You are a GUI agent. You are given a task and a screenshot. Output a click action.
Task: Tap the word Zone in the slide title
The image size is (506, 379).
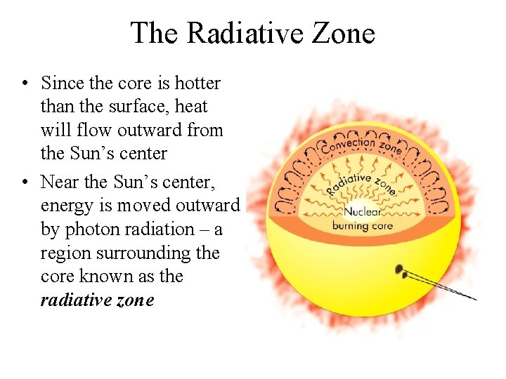coord(342,33)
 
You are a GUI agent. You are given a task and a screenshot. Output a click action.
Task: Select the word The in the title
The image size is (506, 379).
coord(154,33)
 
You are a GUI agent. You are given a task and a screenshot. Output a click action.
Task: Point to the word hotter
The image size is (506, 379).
coord(196,83)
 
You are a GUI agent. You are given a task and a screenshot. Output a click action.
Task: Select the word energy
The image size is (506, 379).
coord(67,206)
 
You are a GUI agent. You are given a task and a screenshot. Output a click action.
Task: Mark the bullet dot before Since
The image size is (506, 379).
coord(25,84)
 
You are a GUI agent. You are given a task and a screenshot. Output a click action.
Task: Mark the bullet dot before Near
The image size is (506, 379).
coord(25,182)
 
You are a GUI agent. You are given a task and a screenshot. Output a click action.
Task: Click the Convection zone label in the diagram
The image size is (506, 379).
coord(361,146)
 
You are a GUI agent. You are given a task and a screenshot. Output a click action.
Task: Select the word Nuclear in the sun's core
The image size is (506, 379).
coord(362,211)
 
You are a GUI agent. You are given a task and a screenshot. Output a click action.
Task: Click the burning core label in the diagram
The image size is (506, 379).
coord(362,225)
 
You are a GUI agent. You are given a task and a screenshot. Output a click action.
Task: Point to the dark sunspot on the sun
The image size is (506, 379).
coord(399,270)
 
